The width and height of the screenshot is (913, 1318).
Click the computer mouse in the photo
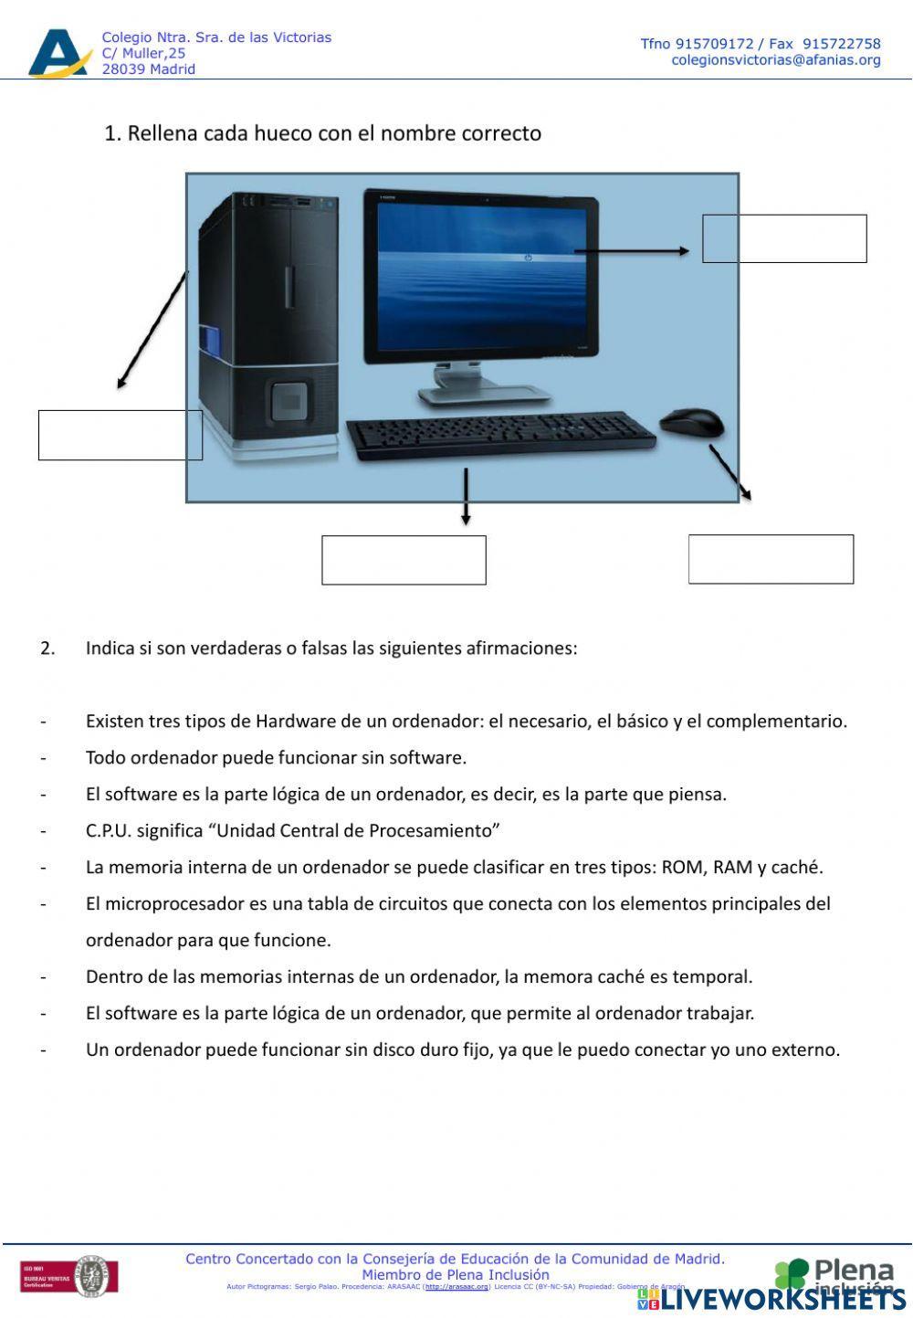click(x=691, y=423)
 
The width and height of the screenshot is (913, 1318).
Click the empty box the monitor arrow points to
click(x=784, y=239)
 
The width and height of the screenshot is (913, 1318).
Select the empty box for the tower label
click(x=120, y=435)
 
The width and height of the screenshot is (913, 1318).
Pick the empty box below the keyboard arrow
click(x=404, y=560)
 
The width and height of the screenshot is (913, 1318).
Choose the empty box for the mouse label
click(x=771, y=559)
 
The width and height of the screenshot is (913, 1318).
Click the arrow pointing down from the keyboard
click(x=466, y=497)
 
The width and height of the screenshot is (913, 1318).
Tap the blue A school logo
click(x=59, y=54)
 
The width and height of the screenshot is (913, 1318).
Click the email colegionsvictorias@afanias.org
click(x=776, y=60)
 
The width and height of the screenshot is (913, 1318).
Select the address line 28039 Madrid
click(x=148, y=69)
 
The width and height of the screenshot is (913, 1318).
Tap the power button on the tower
click(x=289, y=399)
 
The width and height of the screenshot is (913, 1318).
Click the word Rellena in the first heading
click(x=162, y=133)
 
